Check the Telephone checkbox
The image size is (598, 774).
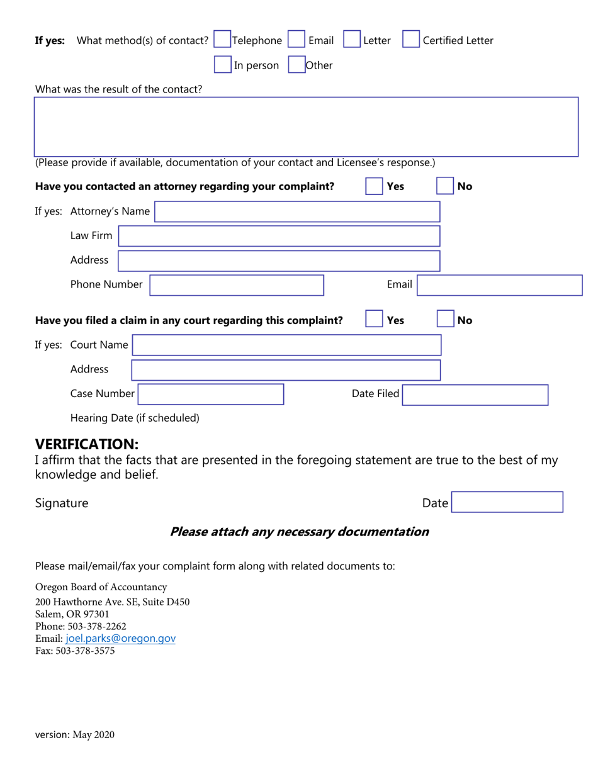tap(223, 40)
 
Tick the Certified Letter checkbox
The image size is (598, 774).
tap(410, 40)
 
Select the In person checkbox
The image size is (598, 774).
tap(223, 65)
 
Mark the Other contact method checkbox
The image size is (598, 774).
tap(296, 65)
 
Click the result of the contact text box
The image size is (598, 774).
tap(306, 126)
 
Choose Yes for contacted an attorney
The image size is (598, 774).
tap(374, 186)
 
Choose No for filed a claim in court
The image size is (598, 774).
tap(445, 320)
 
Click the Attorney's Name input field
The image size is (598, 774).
tap(297, 211)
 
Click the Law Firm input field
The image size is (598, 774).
tap(279, 236)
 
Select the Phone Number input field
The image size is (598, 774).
tap(236, 285)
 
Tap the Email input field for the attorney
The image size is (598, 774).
tap(500, 285)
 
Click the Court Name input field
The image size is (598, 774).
tap(286, 345)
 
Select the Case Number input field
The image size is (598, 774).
tap(211, 394)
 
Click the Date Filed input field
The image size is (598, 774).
tap(475, 395)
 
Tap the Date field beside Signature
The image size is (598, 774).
tap(507, 502)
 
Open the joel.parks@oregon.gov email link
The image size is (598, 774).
tap(120, 638)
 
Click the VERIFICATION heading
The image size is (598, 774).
tap(86, 444)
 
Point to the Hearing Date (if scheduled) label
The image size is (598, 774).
tap(135, 418)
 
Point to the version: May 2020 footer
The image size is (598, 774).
tap(75, 734)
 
